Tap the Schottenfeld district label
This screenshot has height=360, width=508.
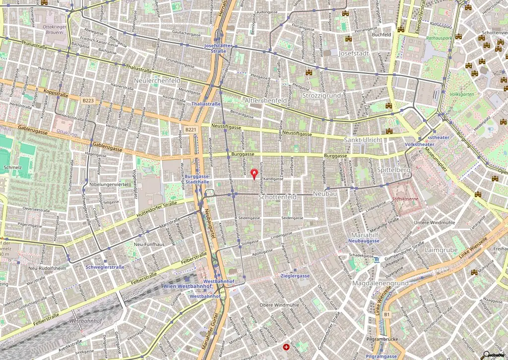(277, 197)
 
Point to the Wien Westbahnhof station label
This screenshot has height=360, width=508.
(188, 287)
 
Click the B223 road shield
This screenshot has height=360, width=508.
(88, 100)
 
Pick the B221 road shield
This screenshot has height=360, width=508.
(190, 130)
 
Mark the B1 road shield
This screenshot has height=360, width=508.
(387, 314)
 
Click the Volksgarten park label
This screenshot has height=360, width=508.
(461, 94)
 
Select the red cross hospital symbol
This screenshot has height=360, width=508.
(286, 347)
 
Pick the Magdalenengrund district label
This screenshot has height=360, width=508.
(381, 283)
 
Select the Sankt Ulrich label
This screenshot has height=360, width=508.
(363, 140)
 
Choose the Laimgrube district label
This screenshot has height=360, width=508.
(441, 250)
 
